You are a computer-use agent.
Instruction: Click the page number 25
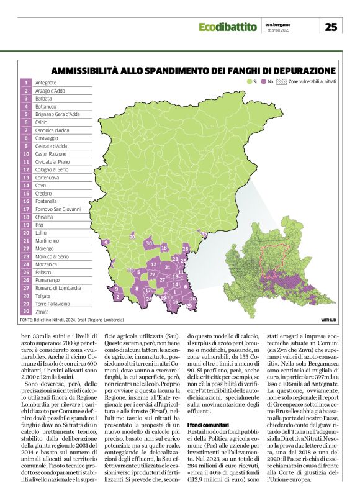331,26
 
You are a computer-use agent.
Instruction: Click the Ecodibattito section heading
228,27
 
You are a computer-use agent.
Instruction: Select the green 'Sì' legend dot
248,81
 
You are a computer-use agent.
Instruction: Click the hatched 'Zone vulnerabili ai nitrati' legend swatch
281,81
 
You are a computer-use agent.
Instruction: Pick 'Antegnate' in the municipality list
46,83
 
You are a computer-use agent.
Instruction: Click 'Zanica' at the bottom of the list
42,314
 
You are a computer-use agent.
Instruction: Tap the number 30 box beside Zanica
27,314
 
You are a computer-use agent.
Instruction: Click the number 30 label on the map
148,243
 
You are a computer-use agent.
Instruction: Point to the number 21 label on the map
167,267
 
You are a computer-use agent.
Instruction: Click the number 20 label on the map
132,237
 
